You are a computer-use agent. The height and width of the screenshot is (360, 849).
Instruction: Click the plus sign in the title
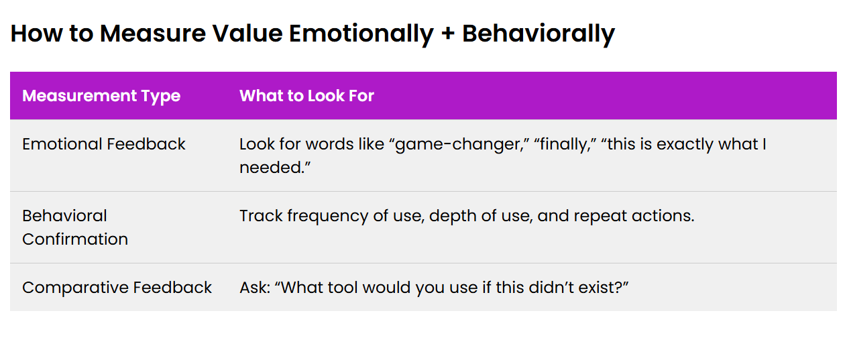pos(447,34)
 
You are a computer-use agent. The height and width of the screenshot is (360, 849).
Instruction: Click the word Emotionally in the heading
pos(361,34)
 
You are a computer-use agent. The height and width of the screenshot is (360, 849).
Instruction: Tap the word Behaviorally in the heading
pos(539,34)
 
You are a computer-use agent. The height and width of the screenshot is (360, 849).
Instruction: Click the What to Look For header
pos(306,96)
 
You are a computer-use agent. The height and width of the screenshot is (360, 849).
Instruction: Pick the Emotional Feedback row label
pos(104,144)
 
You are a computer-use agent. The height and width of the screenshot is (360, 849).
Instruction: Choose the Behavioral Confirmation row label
pos(75,227)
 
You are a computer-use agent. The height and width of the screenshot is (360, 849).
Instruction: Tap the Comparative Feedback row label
pos(117,287)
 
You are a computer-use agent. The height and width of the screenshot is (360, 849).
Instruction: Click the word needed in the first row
pos(272,168)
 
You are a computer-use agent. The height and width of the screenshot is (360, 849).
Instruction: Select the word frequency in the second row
pos(327,217)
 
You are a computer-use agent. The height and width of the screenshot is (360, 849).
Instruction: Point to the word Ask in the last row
pos(255,287)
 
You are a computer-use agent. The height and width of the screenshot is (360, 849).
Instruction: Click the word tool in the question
pos(343,287)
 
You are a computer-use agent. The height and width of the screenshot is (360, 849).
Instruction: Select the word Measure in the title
pos(153,34)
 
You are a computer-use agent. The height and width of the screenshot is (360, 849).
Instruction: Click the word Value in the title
pos(247,34)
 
